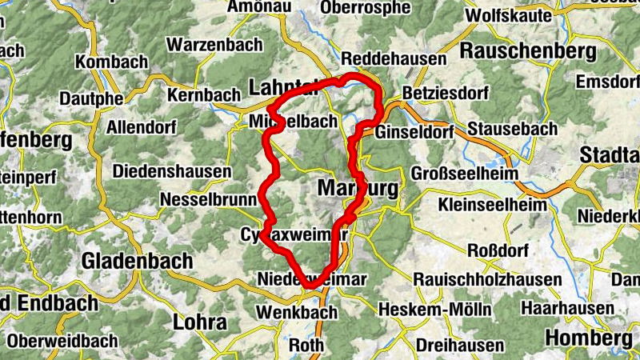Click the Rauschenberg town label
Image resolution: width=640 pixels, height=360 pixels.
click(529, 51)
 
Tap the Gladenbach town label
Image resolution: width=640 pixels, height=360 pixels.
click(138, 261)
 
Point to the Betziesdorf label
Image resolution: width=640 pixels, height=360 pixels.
click(446, 94)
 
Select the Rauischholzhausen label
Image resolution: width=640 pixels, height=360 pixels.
click(488, 279)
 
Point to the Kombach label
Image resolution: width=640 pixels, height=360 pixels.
click(111, 62)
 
